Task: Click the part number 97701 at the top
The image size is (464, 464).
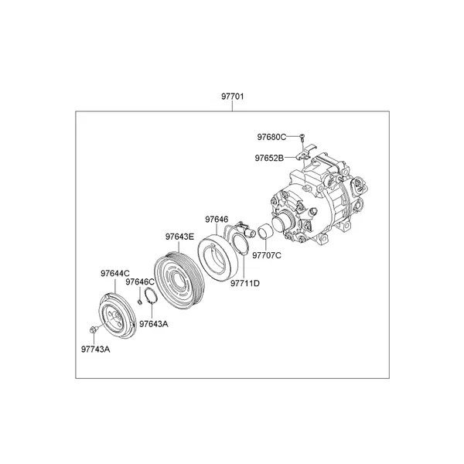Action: (233, 97)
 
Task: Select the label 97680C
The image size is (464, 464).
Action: (271, 137)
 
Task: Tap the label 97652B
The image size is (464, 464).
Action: (269, 159)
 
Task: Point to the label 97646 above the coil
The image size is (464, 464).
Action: (217, 220)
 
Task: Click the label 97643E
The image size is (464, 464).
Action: (179, 237)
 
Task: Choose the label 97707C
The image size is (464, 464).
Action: (267, 255)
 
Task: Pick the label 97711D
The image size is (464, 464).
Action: (245, 284)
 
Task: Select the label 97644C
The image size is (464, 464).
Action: (115, 274)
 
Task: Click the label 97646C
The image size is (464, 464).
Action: (140, 282)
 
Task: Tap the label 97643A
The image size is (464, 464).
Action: (154, 324)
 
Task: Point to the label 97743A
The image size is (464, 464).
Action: (96, 350)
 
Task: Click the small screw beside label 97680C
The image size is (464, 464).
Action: (302, 136)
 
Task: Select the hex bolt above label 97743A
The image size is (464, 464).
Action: (92, 329)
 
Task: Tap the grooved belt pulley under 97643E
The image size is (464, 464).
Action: (180, 280)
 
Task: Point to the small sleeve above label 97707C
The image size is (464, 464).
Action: (264, 231)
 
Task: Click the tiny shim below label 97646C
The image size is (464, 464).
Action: (140, 302)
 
